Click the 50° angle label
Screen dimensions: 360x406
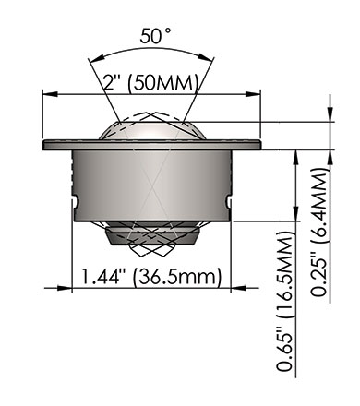coord(155,36)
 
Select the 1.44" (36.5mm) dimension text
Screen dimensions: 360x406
coord(151,277)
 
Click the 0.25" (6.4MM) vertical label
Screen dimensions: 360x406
coord(318,233)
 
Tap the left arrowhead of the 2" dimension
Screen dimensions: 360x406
coord(50,94)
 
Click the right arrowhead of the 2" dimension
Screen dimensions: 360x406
coord(253,94)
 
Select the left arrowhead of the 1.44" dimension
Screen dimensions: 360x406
coord(65,288)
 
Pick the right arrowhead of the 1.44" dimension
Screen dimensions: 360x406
coord(238,288)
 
